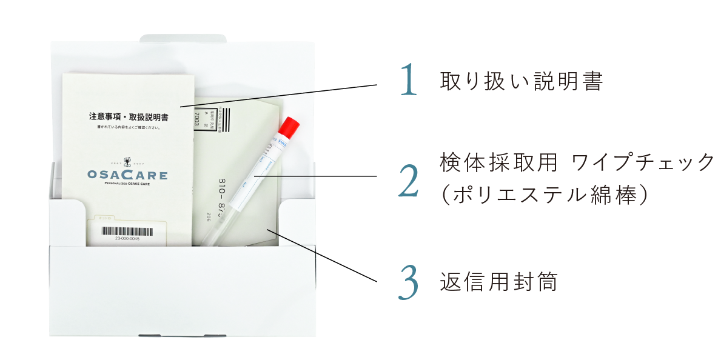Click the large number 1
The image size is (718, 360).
pyautogui.click(x=410, y=81)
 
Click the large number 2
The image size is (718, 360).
pyautogui.click(x=409, y=180)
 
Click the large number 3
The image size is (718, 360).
pyautogui.click(x=409, y=282)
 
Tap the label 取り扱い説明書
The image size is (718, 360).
pyautogui.click(x=522, y=81)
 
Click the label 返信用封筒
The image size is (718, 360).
pyautogui.click(x=498, y=282)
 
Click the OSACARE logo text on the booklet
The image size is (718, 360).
pyautogui.click(x=127, y=176)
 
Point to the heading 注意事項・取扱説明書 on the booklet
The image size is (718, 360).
pyautogui.click(x=129, y=115)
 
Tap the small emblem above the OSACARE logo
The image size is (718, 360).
pyautogui.click(x=127, y=162)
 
